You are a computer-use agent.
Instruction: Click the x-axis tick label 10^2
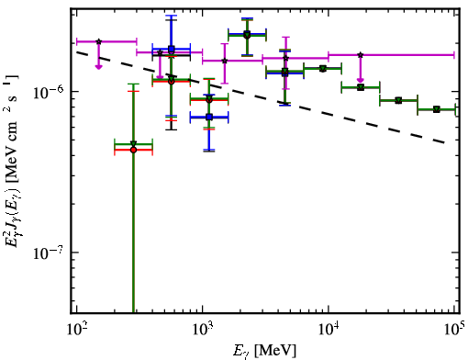click(76, 330)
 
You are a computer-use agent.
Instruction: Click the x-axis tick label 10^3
click(203, 330)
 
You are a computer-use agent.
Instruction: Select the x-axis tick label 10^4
click(329, 330)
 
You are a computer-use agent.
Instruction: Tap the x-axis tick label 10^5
click(455, 329)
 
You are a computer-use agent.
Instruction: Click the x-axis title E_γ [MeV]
click(264, 351)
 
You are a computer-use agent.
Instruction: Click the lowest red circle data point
click(133, 150)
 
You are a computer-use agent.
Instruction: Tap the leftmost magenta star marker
click(98, 41)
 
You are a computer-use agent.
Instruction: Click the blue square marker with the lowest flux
click(209, 117)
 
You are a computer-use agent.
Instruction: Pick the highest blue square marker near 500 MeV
click(172, 49)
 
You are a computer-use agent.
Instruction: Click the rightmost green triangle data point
click(437, 109)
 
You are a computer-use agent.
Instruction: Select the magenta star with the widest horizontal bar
click(361, 55)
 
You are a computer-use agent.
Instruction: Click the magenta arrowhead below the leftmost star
click(98, 67)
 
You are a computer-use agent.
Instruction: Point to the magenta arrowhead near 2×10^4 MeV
click(361, 80)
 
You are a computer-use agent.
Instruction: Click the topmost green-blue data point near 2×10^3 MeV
click(247, 35)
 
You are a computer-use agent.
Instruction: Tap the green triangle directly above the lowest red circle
click(133, 144)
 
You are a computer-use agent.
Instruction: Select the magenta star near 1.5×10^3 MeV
click(225, 61)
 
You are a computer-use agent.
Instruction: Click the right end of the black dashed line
click(444, 142)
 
